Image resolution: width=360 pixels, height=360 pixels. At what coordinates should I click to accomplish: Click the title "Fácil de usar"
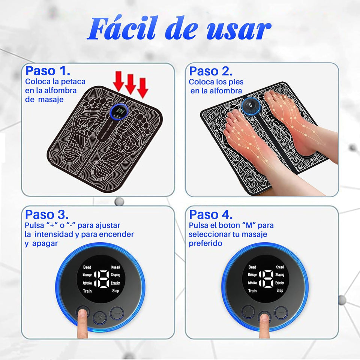coord(179,30)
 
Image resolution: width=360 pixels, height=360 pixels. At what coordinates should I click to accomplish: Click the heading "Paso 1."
coord(48,71)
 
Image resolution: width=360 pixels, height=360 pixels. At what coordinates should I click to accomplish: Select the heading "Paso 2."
coord(211,71)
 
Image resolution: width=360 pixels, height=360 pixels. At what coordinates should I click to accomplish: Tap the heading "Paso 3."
coord(47,215)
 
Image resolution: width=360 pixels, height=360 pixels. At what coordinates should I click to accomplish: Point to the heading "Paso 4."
coord(211,215)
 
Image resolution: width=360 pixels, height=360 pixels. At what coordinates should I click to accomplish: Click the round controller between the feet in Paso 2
coord(250,106)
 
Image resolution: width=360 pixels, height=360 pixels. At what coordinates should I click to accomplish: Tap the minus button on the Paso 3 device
coord(117,313)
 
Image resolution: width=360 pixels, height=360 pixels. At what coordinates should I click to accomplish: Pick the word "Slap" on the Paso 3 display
coord(115,291)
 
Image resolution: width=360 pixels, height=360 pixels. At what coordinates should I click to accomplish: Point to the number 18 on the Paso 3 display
coord(101,279)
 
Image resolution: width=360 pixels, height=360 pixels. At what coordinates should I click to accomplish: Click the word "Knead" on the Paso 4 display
coord(280,267)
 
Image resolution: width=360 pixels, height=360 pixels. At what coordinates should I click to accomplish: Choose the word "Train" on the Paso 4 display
coord(252,291)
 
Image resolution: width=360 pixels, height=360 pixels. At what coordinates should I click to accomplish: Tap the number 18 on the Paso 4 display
coord(265,279)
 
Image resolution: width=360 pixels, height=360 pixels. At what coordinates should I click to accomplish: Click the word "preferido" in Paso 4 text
coord(205,243)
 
